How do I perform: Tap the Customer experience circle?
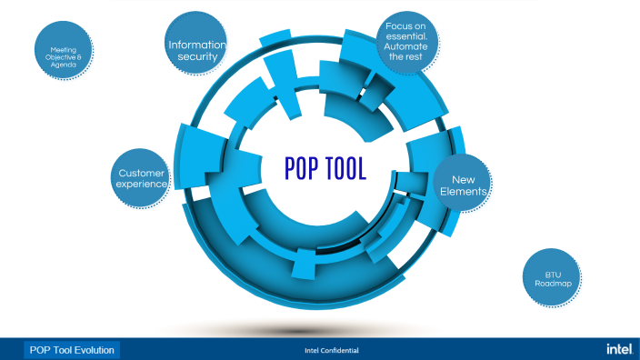coord(142,177)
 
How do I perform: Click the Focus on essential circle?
coord(407,42)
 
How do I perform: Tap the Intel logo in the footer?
coord(619,349)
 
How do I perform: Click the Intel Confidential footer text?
coord(331,350)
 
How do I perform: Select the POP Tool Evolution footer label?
coord(72,350)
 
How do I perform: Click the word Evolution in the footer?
coord(93,350)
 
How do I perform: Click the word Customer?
coord(142,172)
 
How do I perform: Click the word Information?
coord(197,45)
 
